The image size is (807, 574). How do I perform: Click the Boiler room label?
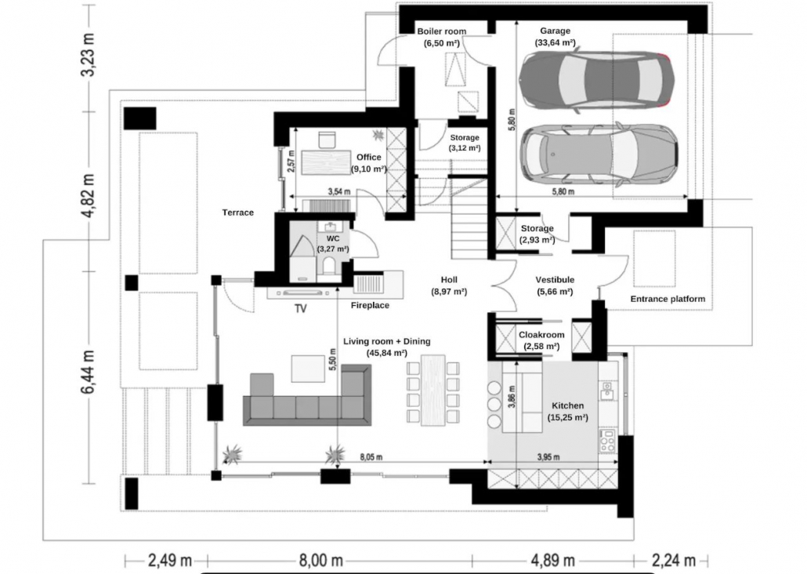(x=442, y=31)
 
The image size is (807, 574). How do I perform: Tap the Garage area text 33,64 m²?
(x=555, y=43)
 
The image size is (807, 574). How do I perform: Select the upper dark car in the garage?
(x=596, y=80)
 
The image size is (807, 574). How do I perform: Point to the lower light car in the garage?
(x=599, y=154)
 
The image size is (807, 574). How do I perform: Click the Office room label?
(x=369, y=157)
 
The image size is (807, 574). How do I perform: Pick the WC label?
(x=333, y=238)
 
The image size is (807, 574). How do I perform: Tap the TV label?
(x=301, y=309)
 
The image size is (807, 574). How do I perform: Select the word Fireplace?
(x=370, y=305)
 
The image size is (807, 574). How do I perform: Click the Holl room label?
(x=449, y=280)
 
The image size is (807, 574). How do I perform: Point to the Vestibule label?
(x=555, y=280)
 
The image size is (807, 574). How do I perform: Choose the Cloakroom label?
(x=541, y=335)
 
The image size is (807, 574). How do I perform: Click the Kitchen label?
(x=568, y=405)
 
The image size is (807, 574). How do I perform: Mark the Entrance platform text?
(x=668, y=299)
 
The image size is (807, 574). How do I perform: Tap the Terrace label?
(x=237, y=213)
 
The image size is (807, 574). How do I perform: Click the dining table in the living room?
(x=432, y=390)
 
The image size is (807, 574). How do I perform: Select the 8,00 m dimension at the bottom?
(x=320, y=560)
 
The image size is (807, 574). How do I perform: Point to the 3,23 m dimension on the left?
(x=89, y=55)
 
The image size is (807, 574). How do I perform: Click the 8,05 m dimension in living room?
(x=371, y=457)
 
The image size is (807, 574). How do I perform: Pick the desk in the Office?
(x=326, y=162)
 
